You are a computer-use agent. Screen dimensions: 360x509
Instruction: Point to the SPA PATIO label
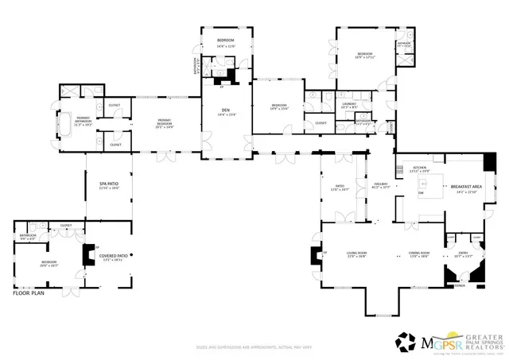click(108, 185)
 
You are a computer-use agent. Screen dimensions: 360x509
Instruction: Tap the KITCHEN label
click(418, 168)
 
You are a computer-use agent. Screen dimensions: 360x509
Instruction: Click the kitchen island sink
click(421, 192)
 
